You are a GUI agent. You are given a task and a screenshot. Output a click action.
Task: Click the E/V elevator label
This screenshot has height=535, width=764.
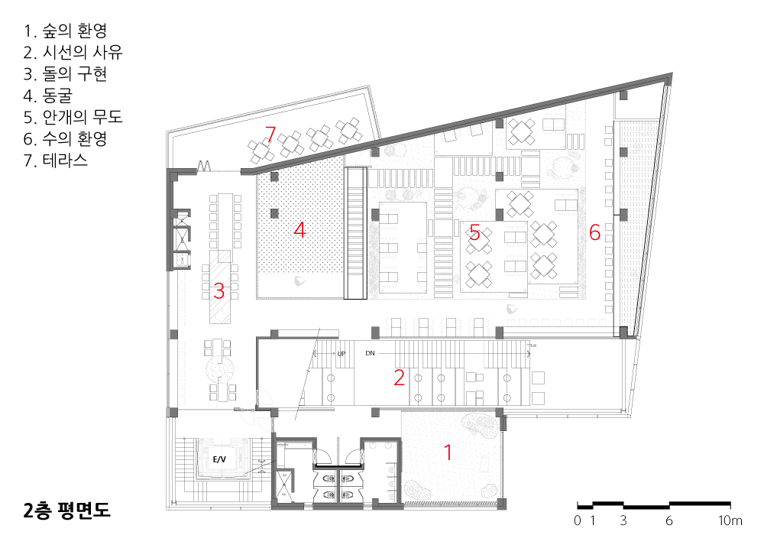[x=219, y=459]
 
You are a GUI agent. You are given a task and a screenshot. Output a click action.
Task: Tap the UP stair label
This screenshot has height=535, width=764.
[x=341, y=353]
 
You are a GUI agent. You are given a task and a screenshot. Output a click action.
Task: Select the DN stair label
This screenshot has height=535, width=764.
[x=371, y=353]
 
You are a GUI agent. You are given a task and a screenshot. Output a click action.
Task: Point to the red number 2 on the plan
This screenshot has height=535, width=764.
[x=399, y=378]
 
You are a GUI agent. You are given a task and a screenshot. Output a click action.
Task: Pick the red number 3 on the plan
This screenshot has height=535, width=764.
[x=219, y=291]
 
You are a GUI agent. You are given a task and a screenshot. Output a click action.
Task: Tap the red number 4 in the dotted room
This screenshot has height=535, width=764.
[x=299, y=229]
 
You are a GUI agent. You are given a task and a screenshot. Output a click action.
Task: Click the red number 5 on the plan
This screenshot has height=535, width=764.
[x=474, y=233]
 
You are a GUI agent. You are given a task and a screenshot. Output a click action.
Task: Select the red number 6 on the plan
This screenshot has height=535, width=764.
[x=594, y=232]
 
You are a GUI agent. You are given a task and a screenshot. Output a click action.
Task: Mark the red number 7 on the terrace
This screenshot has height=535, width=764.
[x=270, y=134]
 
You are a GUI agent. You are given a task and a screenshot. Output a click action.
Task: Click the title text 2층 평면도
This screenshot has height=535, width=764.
[x=66, y=510]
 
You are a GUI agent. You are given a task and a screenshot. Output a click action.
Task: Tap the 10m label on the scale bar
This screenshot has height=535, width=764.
[x=730, y=520]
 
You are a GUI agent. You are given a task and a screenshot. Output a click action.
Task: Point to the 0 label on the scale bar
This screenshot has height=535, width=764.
[x=578, y=520]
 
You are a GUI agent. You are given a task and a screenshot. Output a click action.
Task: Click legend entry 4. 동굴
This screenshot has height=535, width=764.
[x=47, y=95]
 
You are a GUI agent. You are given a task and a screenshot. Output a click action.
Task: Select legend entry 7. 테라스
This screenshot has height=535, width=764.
[x=56, y=160]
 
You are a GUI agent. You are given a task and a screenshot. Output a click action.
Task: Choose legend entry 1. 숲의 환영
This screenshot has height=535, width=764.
[x=65, y=31]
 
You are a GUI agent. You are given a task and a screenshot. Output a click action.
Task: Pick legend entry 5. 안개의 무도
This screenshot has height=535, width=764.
[x=73, y=117]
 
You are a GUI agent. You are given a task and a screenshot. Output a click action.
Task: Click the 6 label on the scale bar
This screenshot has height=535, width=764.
[x=669, y=520]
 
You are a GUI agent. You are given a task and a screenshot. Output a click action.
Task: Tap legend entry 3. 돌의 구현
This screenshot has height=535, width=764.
[x=65, y=73]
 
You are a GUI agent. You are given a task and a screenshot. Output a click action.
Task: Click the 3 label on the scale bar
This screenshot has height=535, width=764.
[x=623, y=520]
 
